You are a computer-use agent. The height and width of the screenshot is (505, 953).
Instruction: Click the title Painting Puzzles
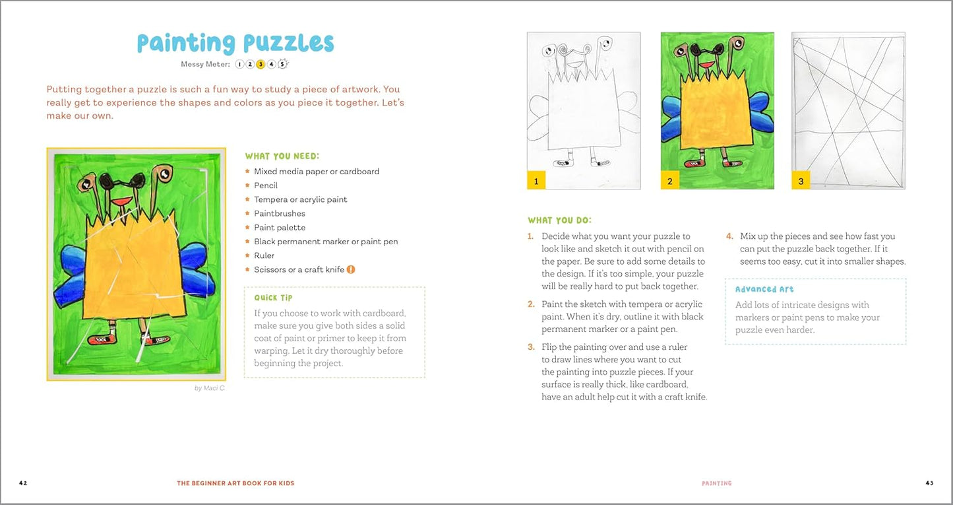pos(235,43)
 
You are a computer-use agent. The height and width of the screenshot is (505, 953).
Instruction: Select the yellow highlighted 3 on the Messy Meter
pos(261,64)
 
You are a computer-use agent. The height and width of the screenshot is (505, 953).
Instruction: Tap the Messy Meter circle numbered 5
pos(283,64)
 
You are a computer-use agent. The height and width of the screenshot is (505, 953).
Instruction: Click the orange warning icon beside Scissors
pos(351,269)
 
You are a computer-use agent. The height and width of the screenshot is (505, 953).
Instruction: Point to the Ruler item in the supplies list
pos(264,255)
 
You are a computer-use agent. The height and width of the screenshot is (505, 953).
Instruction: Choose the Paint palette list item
pos(280,228)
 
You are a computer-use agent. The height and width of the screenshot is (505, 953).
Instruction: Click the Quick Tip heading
pos(273,298)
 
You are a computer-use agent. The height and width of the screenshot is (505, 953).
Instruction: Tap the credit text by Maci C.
pos(210,388)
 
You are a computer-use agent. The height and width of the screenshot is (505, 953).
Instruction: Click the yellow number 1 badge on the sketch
pos(536,181)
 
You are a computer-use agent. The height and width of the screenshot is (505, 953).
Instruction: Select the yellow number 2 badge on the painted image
pos(670,181)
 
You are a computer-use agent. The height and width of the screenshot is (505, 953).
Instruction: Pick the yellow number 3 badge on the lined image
pos(801,181)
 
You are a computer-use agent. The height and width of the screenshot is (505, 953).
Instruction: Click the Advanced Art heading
pos(764,289)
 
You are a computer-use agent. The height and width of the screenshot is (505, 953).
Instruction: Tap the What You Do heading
pos(560,220)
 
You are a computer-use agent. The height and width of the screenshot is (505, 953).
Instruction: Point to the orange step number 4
pos(729,236)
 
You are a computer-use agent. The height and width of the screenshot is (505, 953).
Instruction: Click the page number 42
pos(23,483)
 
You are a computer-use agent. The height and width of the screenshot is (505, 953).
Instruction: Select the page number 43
pos(929,483)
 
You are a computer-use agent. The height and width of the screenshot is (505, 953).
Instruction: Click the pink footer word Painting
pos(716,483)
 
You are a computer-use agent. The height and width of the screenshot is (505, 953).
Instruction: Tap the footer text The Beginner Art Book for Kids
pos(235,483)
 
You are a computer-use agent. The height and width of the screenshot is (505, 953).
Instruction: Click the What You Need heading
pos(282,156)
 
